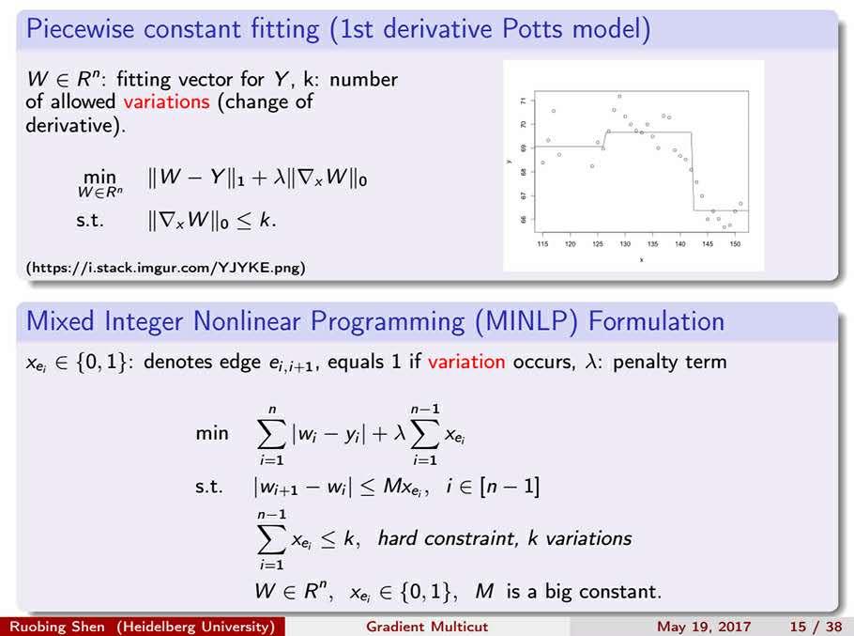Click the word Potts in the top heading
[531, 28]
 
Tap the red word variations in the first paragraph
[166, 101]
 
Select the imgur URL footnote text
[165, 268]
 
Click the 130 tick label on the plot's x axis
[625, 244]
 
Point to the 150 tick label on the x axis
[735, 244]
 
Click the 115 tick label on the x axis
[542, 244]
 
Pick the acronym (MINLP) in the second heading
[526, 321]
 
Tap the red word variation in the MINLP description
[466, 362]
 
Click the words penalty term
[669, 362]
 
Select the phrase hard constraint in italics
[447, 538]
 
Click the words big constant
[602, 591]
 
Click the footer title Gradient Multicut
[427, 627]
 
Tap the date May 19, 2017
[704, 627]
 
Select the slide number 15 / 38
[816, 627]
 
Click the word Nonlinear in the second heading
[247, 321]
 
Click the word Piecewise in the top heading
[80, 28]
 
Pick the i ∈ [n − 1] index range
[493, 486]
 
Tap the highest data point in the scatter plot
[619, 97]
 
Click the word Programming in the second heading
[388, 322]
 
